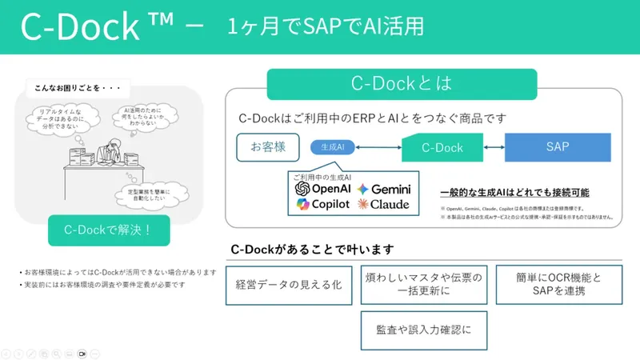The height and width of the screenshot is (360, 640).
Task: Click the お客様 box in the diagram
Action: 267,146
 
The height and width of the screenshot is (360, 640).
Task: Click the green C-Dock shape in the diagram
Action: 442,147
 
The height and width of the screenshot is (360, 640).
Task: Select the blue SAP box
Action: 558,146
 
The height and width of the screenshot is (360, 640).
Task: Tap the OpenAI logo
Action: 323,189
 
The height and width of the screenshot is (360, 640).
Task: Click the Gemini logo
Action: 385,189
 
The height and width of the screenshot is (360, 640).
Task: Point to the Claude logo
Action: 385,205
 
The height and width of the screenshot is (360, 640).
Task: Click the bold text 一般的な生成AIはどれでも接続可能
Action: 514,193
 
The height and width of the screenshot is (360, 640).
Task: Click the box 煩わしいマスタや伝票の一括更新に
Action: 423,285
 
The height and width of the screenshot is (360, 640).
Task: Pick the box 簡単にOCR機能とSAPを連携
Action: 557,285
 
